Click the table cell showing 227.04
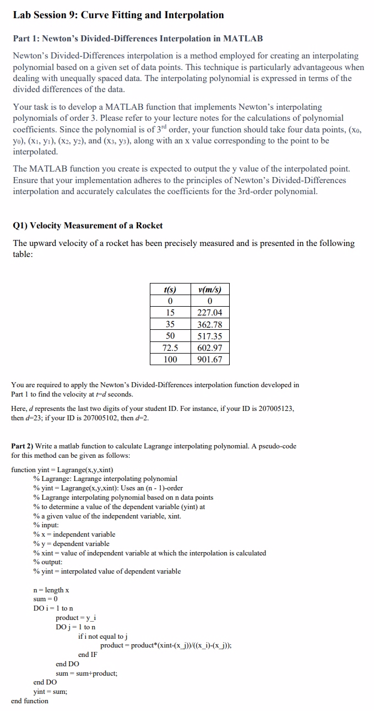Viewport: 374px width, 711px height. pos(209,313)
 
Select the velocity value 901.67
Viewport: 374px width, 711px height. pos(209,359)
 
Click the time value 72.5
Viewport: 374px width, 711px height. pos(170,348)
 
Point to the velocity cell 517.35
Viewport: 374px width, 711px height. pos(209,336)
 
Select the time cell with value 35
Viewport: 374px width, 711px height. pos(170,324)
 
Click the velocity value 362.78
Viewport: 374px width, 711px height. pos(209,324)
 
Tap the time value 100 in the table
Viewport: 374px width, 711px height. pos(170,359)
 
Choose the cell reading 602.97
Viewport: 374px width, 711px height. pos(209,348)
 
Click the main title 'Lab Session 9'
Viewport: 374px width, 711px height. pos(118,15)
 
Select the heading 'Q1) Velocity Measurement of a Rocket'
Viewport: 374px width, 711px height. pos(88,225)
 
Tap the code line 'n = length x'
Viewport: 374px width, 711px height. pos(51,590)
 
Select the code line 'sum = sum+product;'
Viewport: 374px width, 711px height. pos(86,673)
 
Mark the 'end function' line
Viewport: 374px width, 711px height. pos(30,701)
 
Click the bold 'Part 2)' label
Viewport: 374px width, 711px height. pos(23,446)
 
